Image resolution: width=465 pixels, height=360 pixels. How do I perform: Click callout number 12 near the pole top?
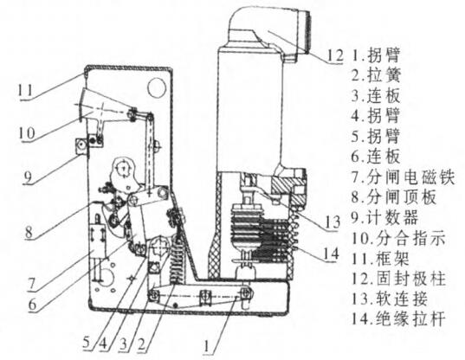(335, 55)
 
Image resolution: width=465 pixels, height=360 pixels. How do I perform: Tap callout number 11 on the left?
(25, 90)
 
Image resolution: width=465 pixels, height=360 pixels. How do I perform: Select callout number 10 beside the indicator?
(27, 133)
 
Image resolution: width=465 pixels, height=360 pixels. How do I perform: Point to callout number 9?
(28, 177)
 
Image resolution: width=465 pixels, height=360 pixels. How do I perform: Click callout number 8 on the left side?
(29, 231)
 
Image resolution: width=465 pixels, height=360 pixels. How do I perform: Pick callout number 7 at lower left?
(32, 284)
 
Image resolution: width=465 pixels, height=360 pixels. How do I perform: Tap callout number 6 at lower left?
(32, 304)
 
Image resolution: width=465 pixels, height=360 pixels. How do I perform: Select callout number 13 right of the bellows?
(332, 222)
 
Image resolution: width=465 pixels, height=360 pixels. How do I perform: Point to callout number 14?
(331, 254)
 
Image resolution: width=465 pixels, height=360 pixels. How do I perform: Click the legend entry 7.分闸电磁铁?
(403, 177)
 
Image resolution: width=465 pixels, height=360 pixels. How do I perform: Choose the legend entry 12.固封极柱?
(398, 279)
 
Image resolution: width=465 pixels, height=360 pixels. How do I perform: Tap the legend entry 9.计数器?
(384, 217)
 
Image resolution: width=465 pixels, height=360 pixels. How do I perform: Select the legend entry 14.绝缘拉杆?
(398, 319)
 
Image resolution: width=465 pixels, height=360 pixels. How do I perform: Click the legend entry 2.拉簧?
(376, 75)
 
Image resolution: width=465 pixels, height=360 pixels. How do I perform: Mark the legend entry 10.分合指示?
(398, 238)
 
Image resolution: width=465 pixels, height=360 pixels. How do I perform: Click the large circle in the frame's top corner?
(157, 87)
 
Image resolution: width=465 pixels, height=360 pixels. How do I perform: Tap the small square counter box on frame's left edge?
(81, 146)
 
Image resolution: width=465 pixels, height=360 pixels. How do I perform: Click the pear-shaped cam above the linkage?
(123, 174)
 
